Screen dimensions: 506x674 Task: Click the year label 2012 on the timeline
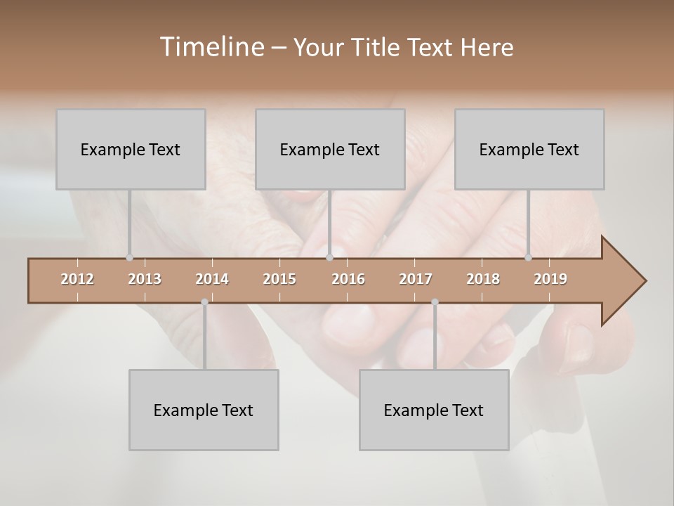[77, 279]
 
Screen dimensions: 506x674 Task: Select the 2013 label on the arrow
[145, 279]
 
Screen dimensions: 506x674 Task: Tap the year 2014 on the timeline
[212, 279]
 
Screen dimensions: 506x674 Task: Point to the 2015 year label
[279, 279]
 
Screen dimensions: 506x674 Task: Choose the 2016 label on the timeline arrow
[348, 279]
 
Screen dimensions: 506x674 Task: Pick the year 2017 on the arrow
[416, 279]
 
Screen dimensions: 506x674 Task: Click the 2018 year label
[483, 279]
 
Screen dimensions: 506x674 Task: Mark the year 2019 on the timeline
[550, 279]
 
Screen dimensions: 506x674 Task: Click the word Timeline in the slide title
[211, 47]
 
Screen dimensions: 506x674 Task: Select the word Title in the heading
[378, 48]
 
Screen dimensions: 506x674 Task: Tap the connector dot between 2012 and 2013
[129, 258]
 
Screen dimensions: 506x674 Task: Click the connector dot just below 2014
[204, 302]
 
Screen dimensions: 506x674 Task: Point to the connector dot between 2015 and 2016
[329, 258]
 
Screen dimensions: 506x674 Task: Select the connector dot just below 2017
[435, 302]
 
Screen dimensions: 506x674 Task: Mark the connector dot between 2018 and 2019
[529, 258]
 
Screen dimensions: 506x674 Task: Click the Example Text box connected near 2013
[131, 149]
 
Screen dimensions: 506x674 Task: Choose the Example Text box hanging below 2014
[204, 410]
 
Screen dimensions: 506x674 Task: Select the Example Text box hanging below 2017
[434, 410]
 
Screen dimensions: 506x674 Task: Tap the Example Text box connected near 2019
[529, 149]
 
